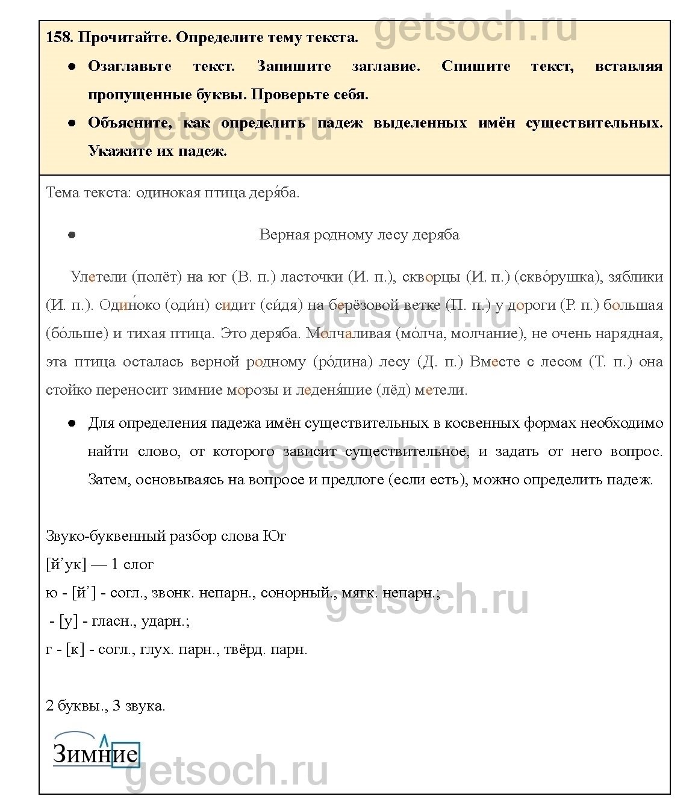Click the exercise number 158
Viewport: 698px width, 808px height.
[x=59, y=37]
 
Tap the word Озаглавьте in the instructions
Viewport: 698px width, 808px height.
[x=129, y=66]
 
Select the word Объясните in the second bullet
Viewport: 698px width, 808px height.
[x=129, y=123]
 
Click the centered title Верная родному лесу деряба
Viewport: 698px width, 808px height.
[x=359, y=235]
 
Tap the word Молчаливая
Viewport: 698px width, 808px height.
[x=348, y=333]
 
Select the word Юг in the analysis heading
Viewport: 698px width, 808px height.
[x=275, y=536]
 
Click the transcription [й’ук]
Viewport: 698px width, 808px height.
[x=66, y=564]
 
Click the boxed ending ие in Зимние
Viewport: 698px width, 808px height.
[x=125, y=754]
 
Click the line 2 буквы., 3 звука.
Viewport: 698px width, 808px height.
[x=105, y=706]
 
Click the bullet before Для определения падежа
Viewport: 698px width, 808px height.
[x=71, y=424]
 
